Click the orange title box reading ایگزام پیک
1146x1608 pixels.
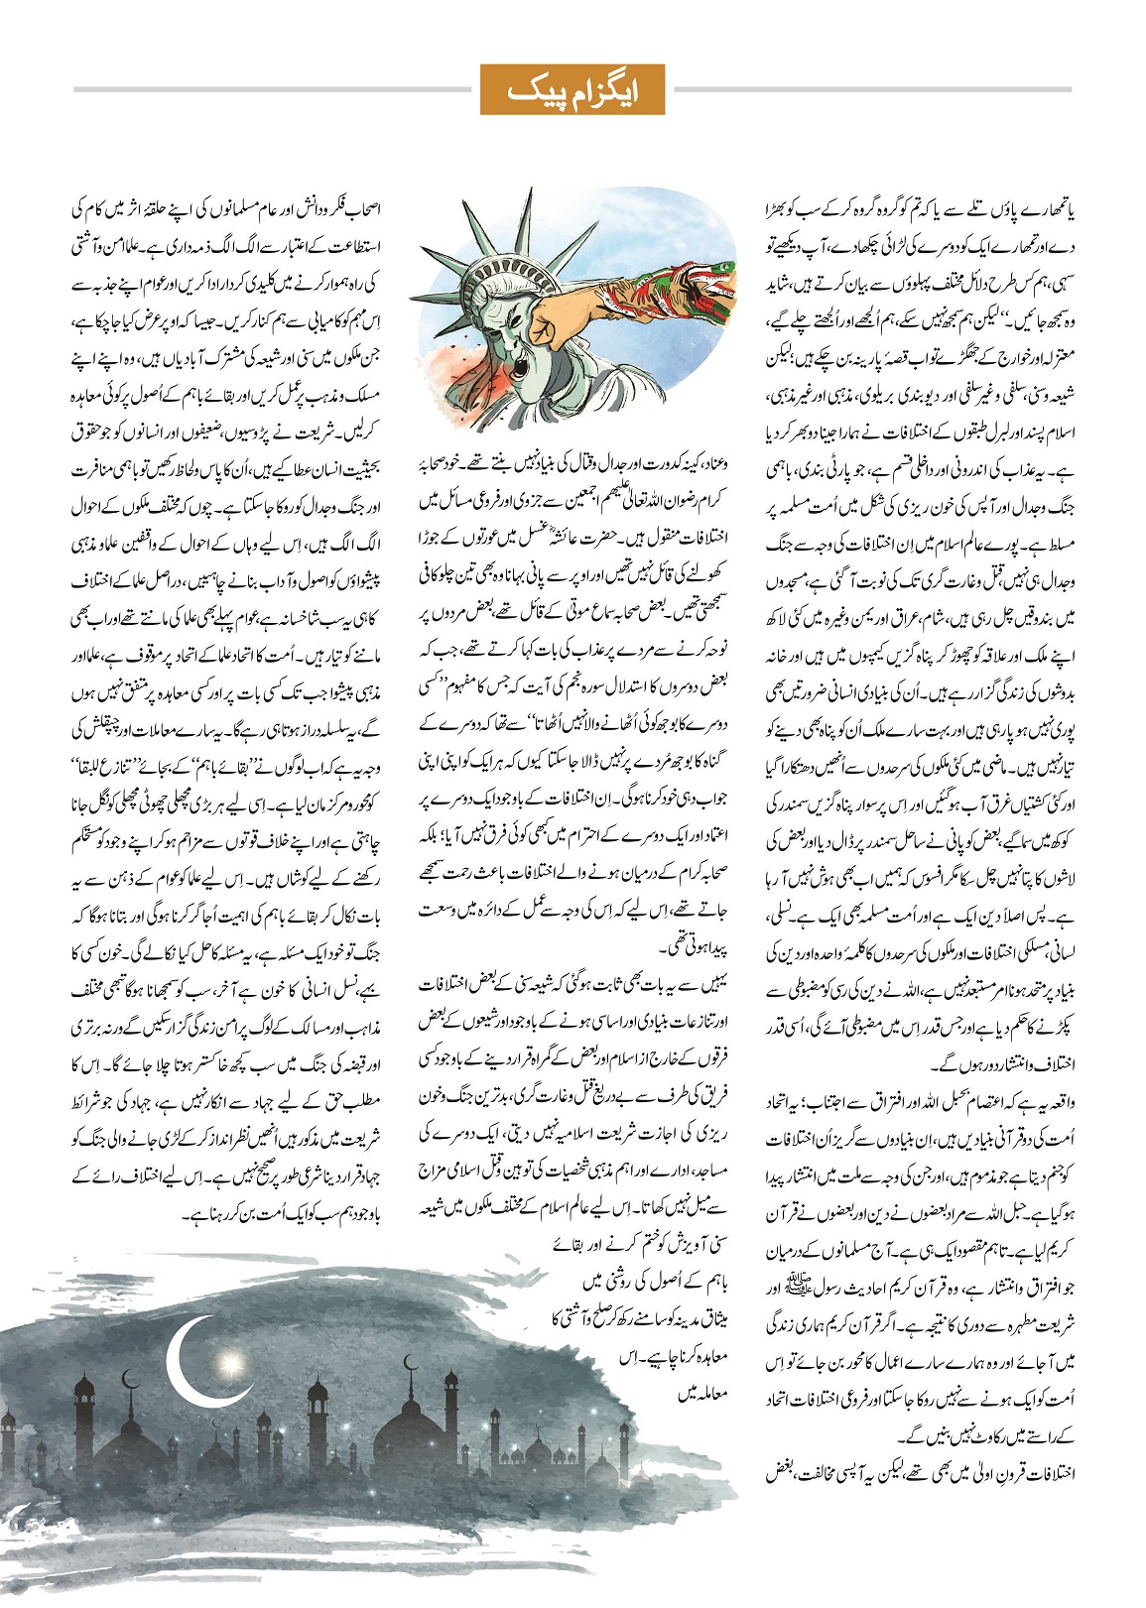573,90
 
